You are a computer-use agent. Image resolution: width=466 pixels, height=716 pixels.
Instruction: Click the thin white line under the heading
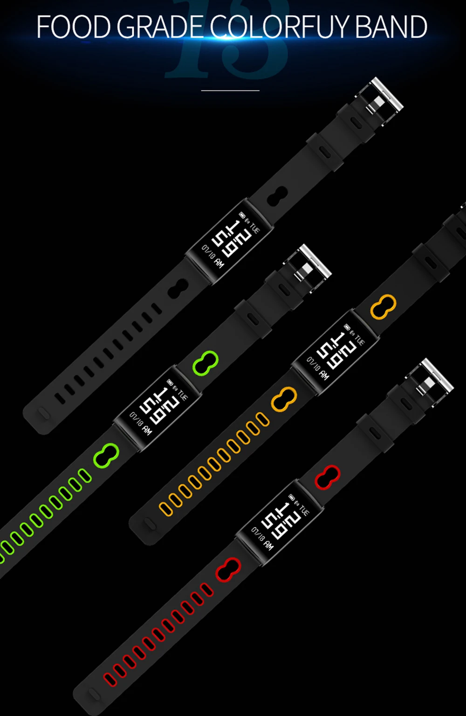[x=230, y=90]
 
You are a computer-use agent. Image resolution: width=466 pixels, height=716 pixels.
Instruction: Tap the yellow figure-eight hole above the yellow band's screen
[x=383, y=307]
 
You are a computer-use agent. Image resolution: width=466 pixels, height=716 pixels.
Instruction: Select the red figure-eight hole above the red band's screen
[x=327, y=477]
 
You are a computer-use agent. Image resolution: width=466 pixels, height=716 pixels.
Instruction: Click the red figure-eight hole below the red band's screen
[x=228, y=570]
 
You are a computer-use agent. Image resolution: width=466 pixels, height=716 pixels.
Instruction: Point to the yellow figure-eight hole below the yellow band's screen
[x=284, y=399]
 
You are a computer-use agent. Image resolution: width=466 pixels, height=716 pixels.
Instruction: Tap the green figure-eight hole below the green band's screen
[x=106, y=455]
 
